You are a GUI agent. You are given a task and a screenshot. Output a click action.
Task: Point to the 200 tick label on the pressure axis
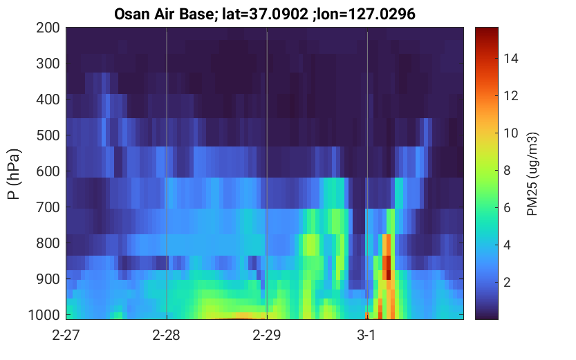[48, 28]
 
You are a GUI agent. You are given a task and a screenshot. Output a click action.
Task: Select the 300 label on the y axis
[48, 64]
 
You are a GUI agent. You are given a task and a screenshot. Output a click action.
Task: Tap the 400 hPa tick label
[48, 100]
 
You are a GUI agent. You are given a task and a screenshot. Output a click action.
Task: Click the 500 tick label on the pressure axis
[48, 135]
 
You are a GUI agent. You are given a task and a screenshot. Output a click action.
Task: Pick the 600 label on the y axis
[48, 171]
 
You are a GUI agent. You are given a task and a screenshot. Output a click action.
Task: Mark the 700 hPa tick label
[48, 207]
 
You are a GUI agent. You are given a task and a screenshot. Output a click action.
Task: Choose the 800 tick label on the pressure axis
[48, 243]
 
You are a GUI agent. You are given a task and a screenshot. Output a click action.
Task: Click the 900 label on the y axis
[48, 279]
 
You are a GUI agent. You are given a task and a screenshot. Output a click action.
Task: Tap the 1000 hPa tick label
[44, 315]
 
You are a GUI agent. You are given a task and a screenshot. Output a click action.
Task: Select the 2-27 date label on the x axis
[66, 335]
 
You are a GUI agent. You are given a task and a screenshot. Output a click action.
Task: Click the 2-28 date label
[167, 335]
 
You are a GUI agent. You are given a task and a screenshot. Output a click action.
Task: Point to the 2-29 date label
[267, 335]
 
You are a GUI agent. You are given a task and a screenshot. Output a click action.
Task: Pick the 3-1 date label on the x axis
[366, 335]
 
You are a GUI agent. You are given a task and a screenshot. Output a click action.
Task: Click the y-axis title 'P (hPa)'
[14, 174]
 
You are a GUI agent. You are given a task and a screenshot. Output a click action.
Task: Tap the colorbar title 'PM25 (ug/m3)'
[532, 174]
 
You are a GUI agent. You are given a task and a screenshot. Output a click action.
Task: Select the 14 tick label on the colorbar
[511, 58]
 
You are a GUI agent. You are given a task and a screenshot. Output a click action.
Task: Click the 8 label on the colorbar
[508, 170]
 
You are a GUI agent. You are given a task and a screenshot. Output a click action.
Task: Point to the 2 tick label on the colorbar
[508, 282]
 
